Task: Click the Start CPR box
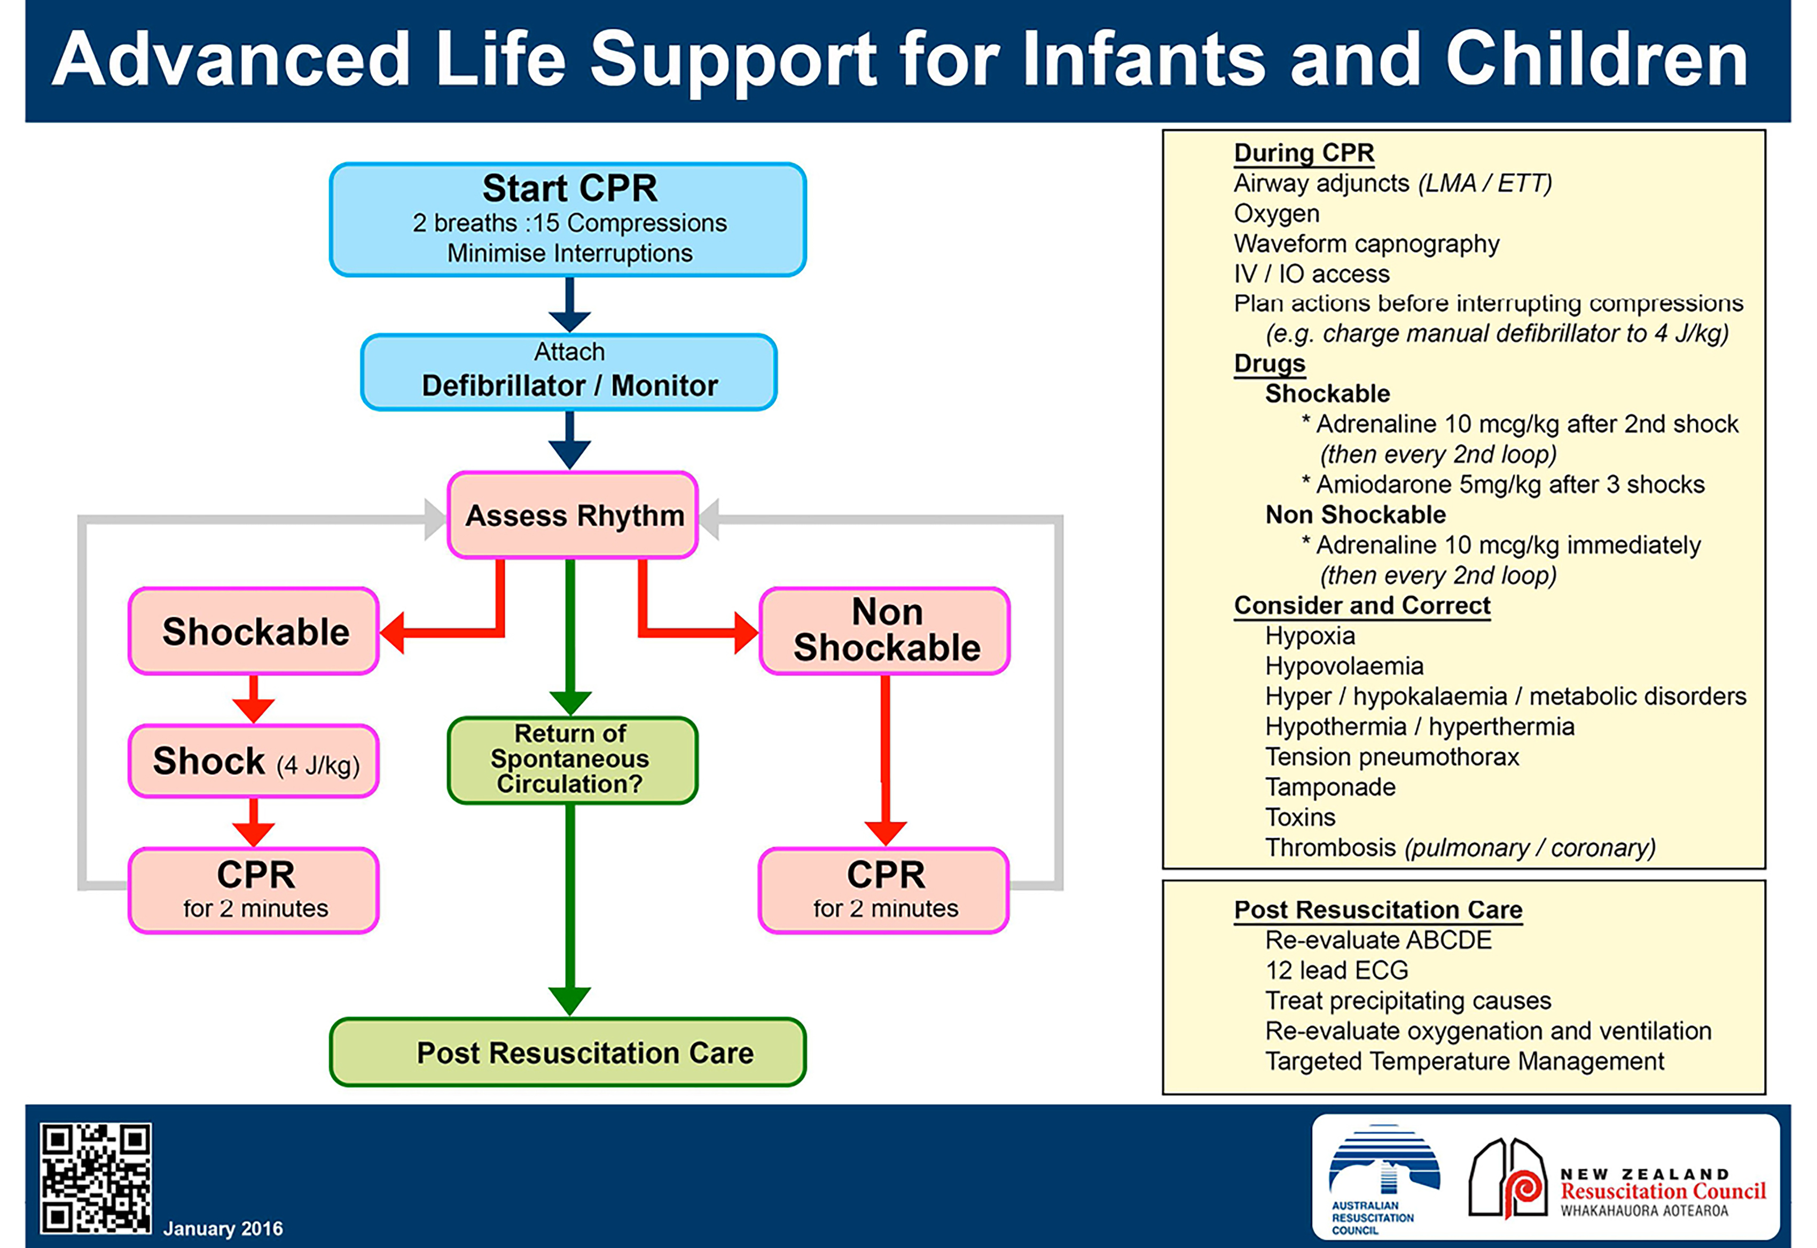tap(568, 220)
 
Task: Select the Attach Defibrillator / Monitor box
tap(568, 372)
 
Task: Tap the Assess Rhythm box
tap(573, 516)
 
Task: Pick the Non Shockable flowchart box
tap(885, 631)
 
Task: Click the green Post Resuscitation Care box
tap(568, 1052)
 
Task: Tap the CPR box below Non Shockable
tap(884, 891)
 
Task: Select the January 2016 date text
tap(223, 1228)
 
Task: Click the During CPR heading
tap(1304, 152)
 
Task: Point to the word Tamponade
tap(1330, 786)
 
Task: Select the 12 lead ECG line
tap(1337, 970)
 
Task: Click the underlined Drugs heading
tap(1270, 364)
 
